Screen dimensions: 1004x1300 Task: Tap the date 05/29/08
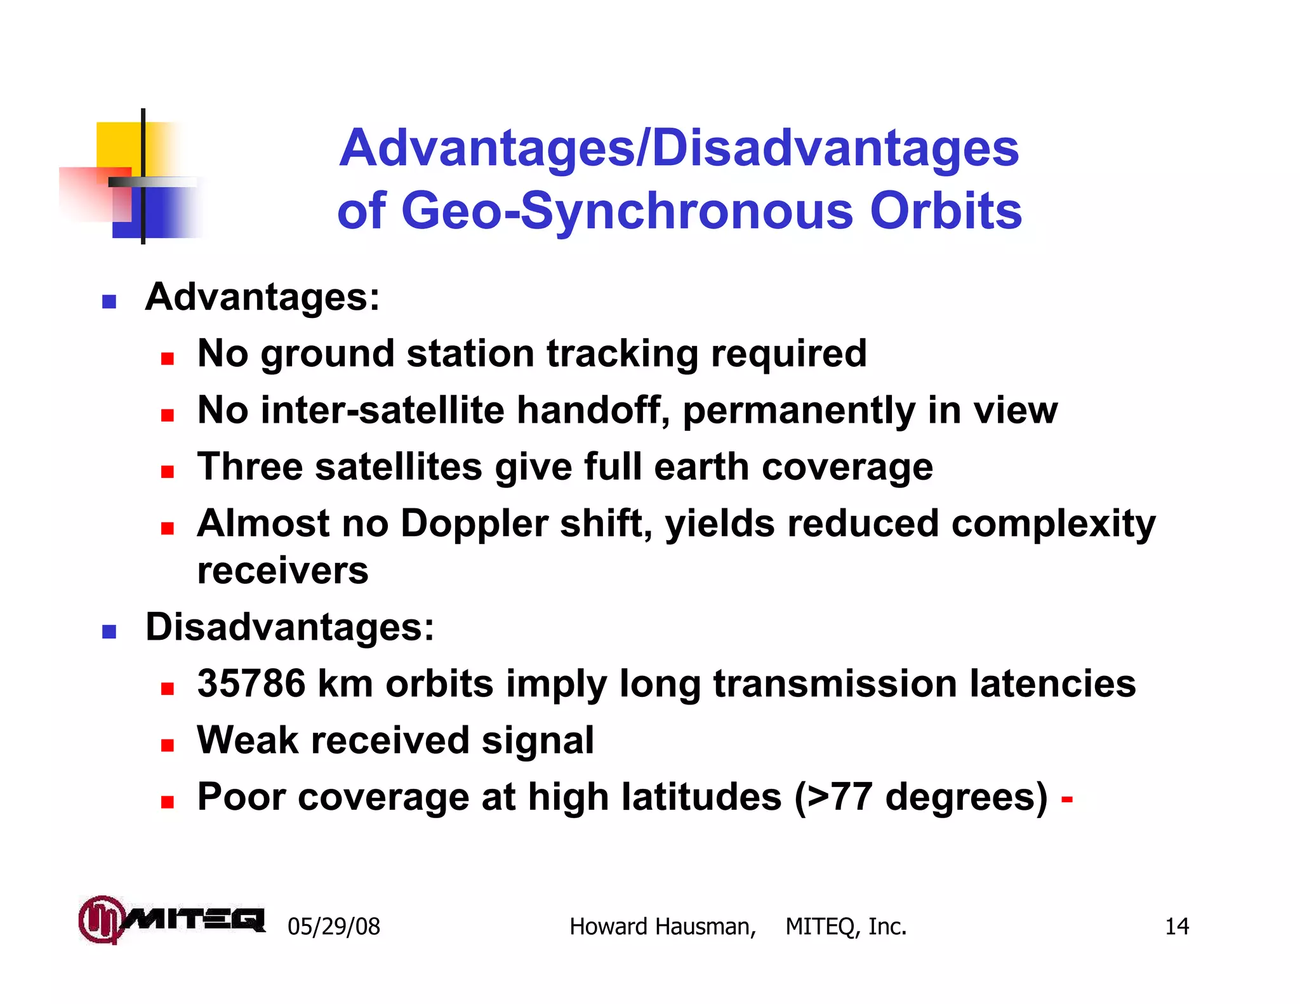pyautogui.click(x=334, y=927)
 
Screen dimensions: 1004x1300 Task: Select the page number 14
pyautogui.click(x=1176, y=927)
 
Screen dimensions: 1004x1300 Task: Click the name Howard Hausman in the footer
pyautogui.click(x=662, y=927)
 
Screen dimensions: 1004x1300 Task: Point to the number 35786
pyautogui.click(x=251, y=684)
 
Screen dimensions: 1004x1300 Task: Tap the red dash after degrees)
pyautogui.click(x=1066, y=798)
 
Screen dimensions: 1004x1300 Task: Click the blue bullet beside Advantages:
pyautogui.click(x=109, y=301)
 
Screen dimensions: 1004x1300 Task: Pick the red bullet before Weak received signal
pyautogui.click(x=167, y=744)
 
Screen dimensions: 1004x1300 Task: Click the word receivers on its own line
pyautogui.click(x=282, y=571)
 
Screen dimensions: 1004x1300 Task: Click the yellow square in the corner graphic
pyautogui.click(x=119, y=145)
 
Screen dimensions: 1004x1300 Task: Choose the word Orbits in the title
pyautogui.click(x=946, y=211)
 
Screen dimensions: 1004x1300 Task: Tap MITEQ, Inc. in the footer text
pyautogui.click(x=846, y=927)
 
